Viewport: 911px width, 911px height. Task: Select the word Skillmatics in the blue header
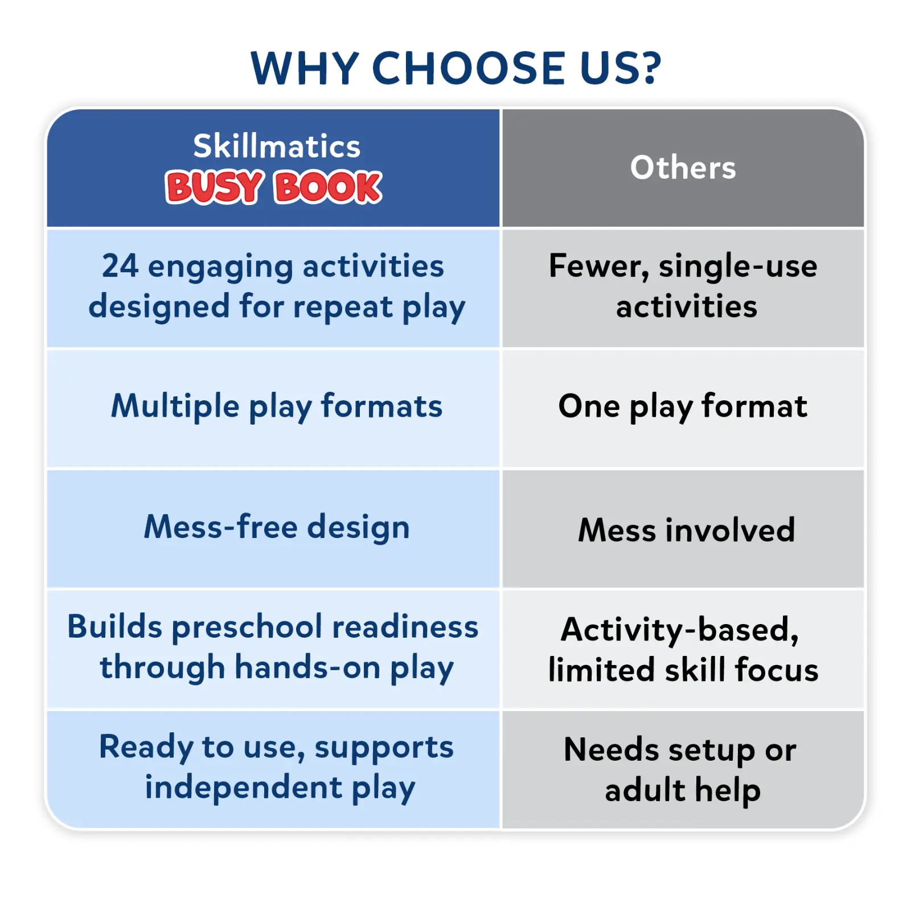click(277, 146)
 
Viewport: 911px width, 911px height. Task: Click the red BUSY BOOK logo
click(273, 187)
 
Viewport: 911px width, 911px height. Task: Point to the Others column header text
click(683, 167)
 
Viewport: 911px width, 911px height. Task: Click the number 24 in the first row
click(120, 266)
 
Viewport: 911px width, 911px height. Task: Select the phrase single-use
click(738, 266)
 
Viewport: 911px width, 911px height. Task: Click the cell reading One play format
click(683, 407)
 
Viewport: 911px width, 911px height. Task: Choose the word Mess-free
click(221, 526)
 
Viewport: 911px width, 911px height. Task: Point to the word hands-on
click(307, 667)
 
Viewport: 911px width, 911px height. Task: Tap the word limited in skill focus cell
click(601, 669)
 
